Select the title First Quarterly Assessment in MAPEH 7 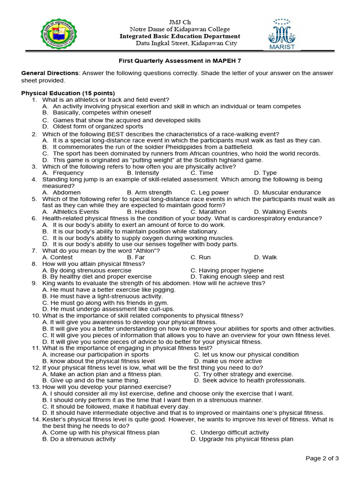click(180, 60)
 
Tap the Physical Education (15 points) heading click(68, 93)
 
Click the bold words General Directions click(50, 73)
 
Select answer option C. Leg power click(210, 193)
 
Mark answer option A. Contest click(57, 257)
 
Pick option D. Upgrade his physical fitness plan click(242, 439)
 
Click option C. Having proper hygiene click(227, 270)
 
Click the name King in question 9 click(49, 283)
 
